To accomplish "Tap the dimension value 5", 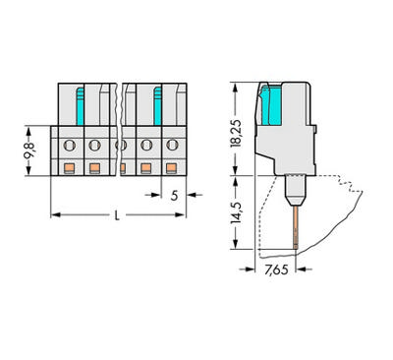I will tap(174, 195).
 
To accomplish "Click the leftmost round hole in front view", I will tap(69, 147).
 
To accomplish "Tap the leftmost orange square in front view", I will tap(69, 167).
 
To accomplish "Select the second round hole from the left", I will tap(94, 147).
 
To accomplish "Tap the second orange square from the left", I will tap(94, 167).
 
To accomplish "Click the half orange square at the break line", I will tap(123, 168).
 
